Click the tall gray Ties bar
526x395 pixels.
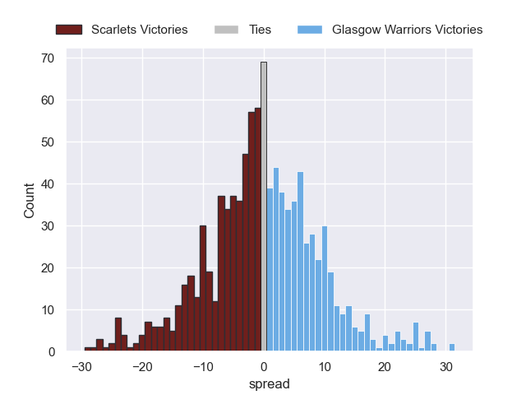pos(264,207)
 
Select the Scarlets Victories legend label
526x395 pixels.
pos(140,30)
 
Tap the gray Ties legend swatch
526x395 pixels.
pos(227,30)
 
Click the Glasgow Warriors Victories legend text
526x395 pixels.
pos(407,30)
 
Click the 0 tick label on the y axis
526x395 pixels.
pos(51,352)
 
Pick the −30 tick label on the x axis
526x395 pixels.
pos(81,367)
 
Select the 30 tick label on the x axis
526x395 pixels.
pos(445,367)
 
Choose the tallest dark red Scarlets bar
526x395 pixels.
pos(257,230)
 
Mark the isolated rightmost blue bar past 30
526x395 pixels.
pos(452,347)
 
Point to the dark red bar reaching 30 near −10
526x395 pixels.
pos(203,289)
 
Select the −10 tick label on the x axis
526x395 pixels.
pos(202,367)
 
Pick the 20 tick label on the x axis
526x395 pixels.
pos(385,367)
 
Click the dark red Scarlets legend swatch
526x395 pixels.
pos(70,30)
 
